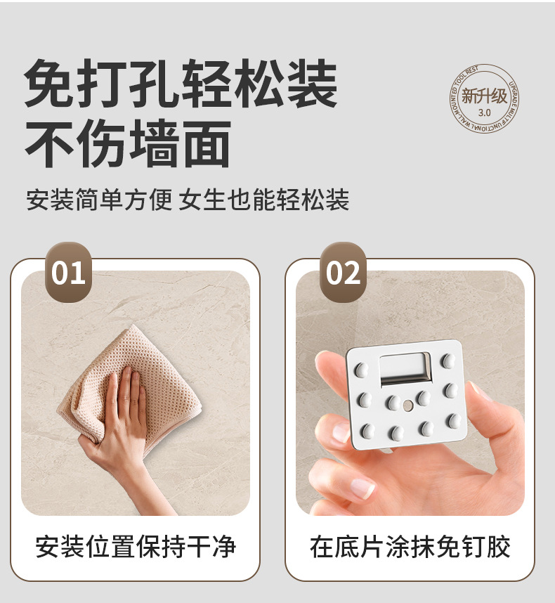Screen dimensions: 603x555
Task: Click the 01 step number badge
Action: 68,272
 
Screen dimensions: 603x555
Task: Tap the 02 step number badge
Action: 343,272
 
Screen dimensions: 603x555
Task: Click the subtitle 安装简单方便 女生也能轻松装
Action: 188,200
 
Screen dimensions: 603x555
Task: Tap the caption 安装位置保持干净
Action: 136,546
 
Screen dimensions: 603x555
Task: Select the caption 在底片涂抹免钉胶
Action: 410,546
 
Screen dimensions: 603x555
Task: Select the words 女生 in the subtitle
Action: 204,200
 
